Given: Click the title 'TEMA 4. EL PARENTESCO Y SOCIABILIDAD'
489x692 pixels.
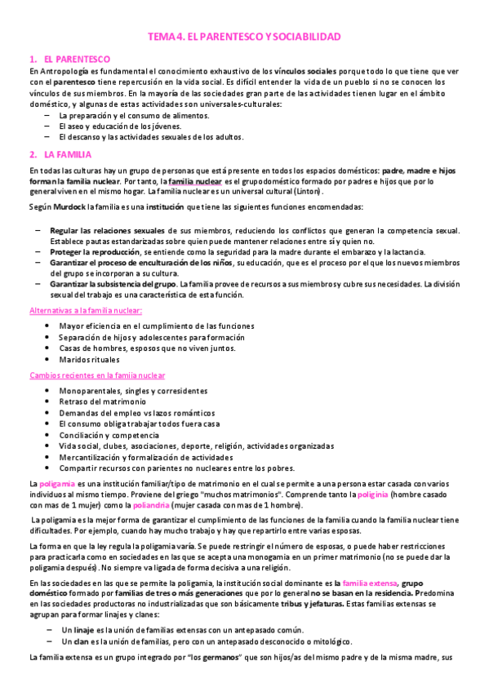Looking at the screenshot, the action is [244, 38].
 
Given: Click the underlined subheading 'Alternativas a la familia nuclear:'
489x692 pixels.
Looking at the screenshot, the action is [85, 311].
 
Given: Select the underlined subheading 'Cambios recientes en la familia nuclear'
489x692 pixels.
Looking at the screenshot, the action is [96, 375].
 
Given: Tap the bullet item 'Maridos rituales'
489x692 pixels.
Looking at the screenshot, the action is [89, 359].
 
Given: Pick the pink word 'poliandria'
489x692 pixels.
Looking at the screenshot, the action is [166, 506].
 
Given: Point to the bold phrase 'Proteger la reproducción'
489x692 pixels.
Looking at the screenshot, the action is [98, 253].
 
